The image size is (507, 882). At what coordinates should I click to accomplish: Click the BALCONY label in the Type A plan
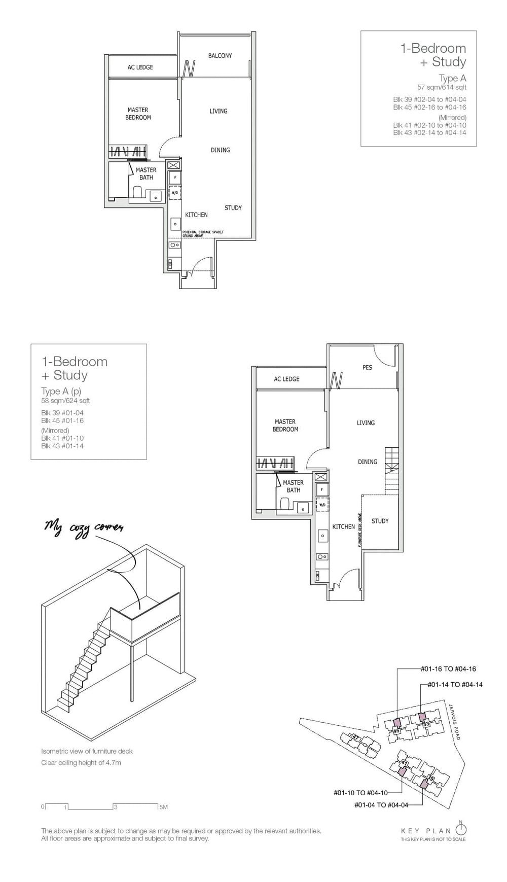tap(220, 56)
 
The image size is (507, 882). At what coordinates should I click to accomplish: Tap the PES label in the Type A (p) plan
tap(367, 367)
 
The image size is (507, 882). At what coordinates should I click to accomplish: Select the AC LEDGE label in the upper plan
tap(140, 67)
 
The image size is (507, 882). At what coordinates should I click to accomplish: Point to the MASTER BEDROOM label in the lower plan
tap(285, 426)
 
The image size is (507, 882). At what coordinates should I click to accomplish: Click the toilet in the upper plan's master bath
tap(137, 192)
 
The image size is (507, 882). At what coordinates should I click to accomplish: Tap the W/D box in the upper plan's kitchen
tap(174, 193)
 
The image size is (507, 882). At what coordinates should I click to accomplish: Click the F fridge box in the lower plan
tap(321, 490)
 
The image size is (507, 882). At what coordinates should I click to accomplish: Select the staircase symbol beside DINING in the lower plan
tap(391, 471)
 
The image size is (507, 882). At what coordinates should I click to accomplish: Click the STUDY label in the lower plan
tap(380, 521)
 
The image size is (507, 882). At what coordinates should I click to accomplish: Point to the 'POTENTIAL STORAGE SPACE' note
tap(202, 233)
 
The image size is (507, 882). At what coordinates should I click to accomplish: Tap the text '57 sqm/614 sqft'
tap(441, 87)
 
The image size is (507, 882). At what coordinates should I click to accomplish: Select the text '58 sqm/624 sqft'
tap(65, 401)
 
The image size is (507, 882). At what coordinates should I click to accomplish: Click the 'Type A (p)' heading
tap(61, 391)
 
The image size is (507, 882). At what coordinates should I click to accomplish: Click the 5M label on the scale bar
tap(163, 807)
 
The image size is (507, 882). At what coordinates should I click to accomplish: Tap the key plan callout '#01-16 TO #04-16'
tap(448, 669)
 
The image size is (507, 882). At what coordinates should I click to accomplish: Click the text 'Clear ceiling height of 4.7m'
tap(81, 763)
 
